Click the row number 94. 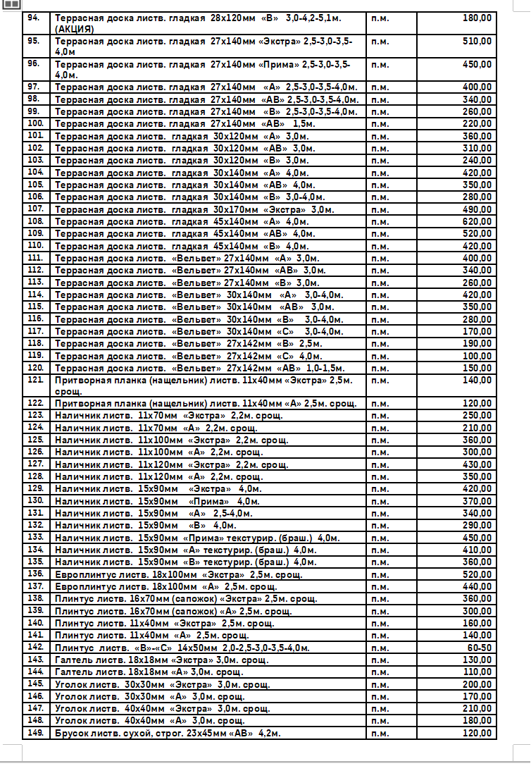pos(34,17)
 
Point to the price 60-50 pos(479,648)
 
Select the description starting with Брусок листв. pos(168,734)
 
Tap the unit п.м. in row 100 pos(380,124)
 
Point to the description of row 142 pos(182,648)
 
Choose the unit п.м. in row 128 pos(380,477)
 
